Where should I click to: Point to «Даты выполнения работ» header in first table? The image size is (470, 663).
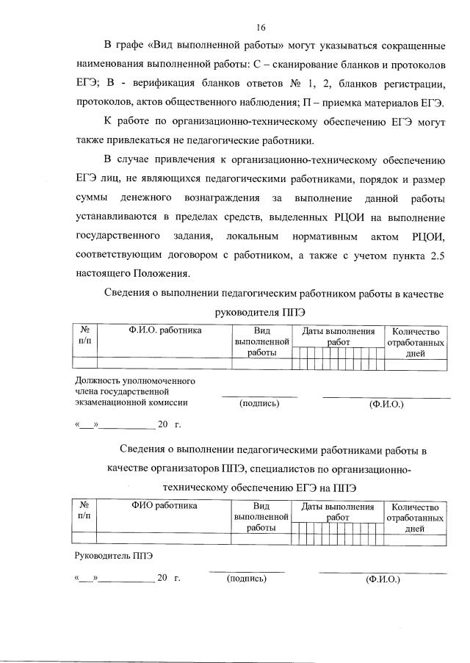(338, 336)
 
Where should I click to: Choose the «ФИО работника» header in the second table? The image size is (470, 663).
(164, 506)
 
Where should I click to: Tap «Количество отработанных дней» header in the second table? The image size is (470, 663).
(415, 517)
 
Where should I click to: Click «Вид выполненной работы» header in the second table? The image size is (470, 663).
(261, 517)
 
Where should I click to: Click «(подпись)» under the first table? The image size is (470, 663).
(259, 403)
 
